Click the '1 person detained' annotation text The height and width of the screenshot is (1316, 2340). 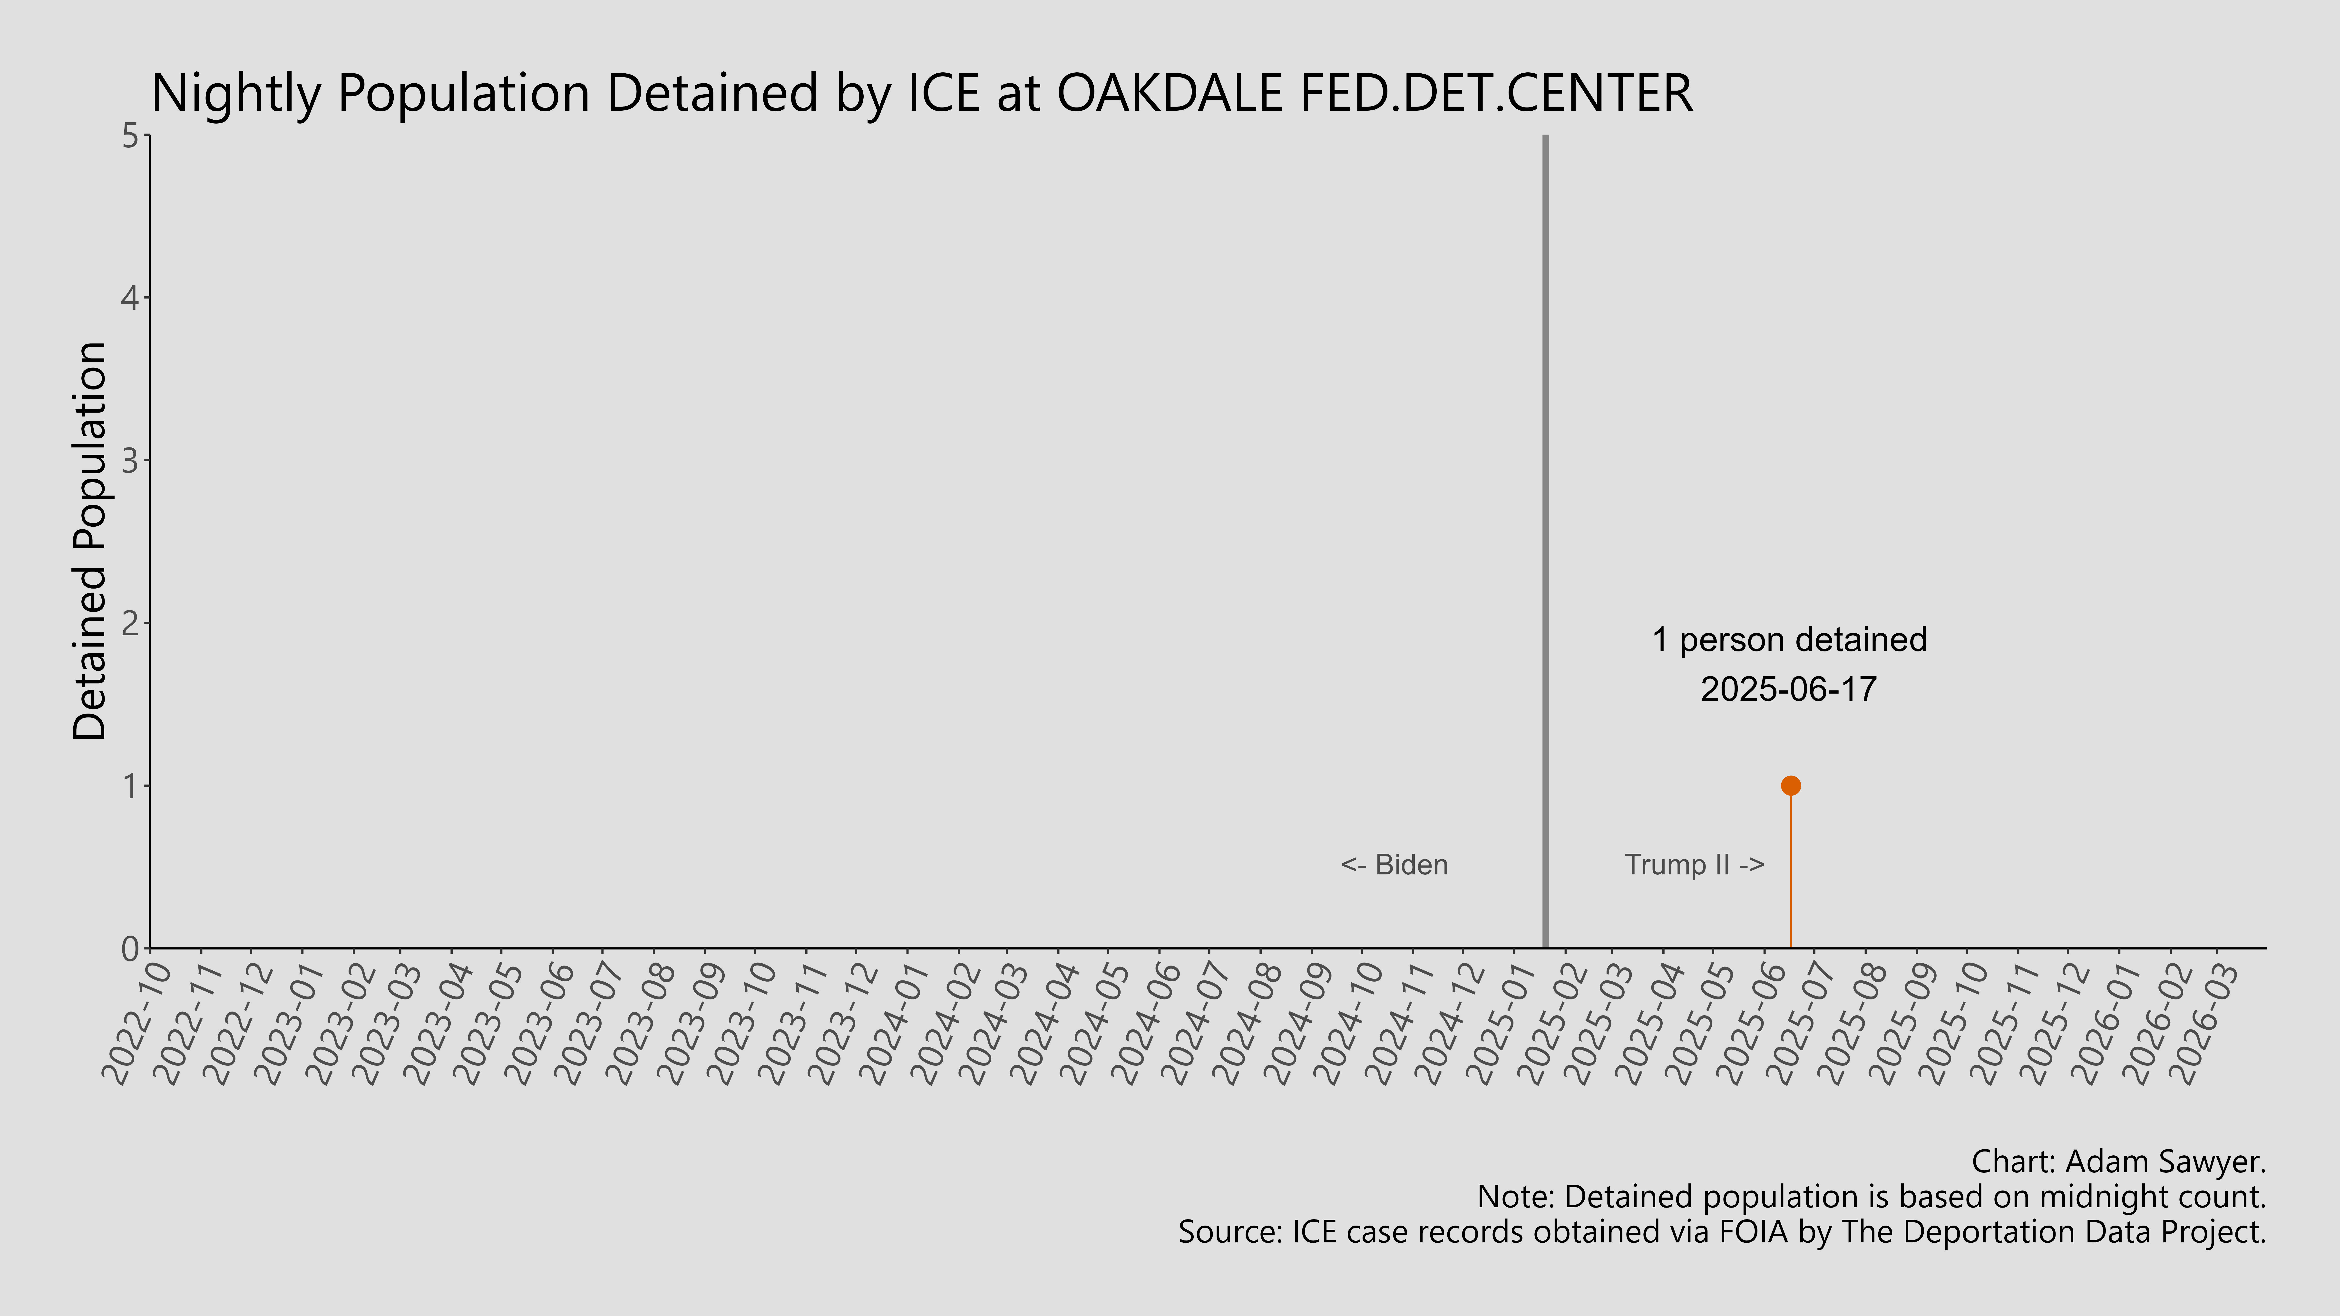click(1789, 640)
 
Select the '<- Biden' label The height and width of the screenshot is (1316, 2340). click(1394, 865)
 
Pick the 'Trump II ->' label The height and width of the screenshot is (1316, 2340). click(1694, 865)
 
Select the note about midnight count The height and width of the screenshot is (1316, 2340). click(1871, 1197)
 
